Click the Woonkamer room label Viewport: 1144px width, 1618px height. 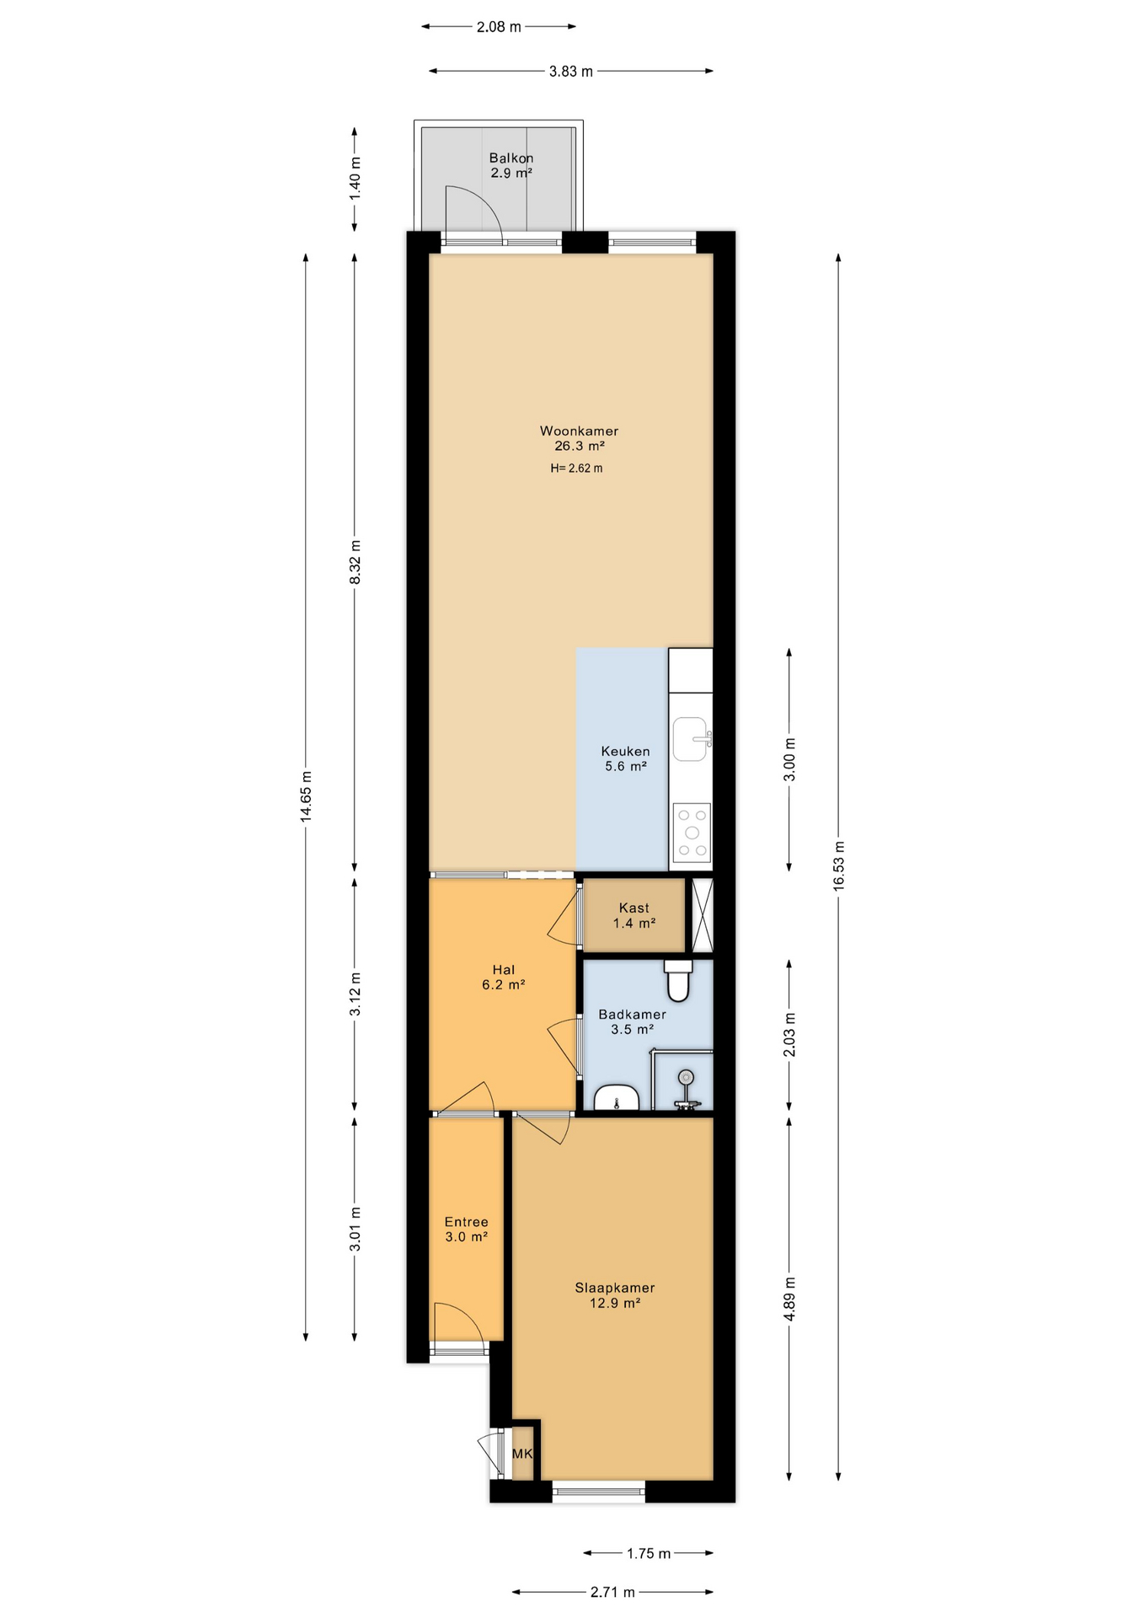[579, 431]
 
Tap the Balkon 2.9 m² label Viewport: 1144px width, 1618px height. [511, 165]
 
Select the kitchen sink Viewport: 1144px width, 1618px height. [691, 739]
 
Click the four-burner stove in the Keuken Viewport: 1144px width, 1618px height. [692, 833]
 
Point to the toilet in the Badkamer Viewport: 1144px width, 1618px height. [678, 979]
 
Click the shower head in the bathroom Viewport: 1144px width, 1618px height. [687, 1077]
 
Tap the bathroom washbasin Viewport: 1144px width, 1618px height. [617, 1098]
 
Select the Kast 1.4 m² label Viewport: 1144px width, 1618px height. [634, 915]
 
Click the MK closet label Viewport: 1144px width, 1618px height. [522, 1454]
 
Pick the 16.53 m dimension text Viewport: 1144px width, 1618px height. [838, 865]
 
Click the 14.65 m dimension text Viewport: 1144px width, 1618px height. [306, 796]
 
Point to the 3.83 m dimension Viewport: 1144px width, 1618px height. [571, 72]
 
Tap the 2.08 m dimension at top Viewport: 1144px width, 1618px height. [499, 27]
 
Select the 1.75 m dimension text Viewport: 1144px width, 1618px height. [649, 1553]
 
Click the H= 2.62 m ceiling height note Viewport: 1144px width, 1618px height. [577, 469]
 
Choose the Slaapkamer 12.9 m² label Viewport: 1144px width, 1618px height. [615, 1295]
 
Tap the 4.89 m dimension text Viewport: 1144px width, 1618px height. [789, 1299]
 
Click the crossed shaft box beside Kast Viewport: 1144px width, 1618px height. [703, 915]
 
